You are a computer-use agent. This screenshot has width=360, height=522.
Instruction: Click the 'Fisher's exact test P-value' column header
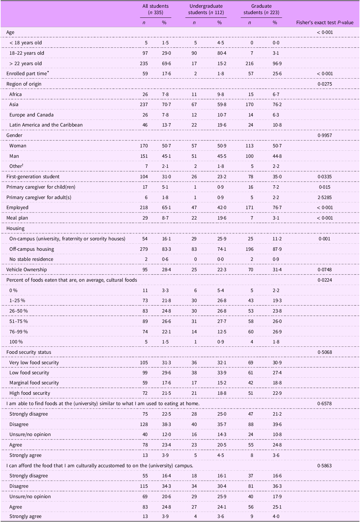pos(324,22)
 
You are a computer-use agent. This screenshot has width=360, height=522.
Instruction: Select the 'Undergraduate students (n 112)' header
pos(206,9)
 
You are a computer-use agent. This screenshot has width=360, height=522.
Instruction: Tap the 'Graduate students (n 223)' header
pos(261,9)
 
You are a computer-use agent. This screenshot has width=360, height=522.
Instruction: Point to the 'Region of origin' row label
pos(24,84)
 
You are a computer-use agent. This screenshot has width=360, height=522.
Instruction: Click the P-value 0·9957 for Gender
pos(324,135)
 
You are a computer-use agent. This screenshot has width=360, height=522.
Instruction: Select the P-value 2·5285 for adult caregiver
pos(324,197)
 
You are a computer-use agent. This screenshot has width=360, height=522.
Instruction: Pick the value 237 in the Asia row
pos(144,104)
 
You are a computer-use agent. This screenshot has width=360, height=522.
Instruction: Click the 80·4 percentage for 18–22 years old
pos(219,53)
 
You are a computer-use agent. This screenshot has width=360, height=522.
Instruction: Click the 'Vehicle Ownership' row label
pos(27,270)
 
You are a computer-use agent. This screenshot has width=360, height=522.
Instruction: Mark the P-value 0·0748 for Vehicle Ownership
pos(324,270)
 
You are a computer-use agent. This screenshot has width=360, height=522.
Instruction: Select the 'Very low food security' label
pos(34,363)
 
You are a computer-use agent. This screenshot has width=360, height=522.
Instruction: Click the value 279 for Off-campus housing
pos(144,249)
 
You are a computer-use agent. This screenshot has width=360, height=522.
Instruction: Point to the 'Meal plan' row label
pos(17,218)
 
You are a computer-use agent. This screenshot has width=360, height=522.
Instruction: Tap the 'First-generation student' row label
pos(33,177)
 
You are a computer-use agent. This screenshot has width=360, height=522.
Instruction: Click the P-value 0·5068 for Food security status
pos(324,352)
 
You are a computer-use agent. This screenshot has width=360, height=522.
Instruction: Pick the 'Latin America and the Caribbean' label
pos(46,125)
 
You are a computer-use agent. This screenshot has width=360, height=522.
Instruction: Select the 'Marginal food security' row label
pos(34,383)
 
